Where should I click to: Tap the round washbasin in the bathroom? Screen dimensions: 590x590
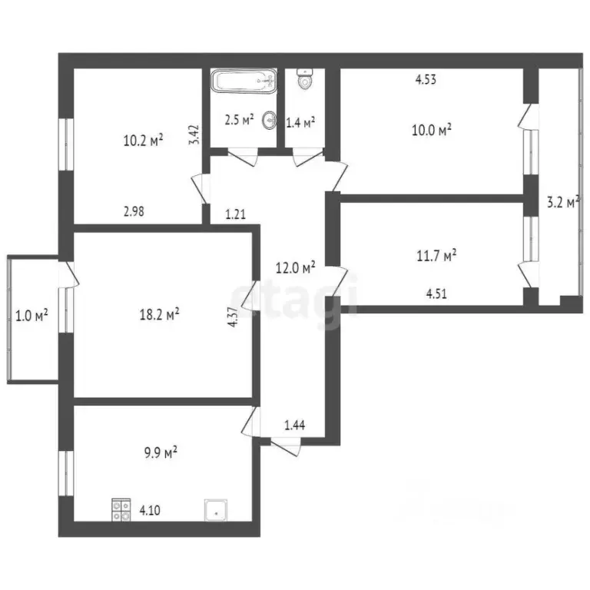coord(270,120)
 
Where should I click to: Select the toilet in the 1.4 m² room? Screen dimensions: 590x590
coord(306,79)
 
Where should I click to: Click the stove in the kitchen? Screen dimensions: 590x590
coord(121,510)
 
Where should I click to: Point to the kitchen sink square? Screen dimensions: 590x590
coord(216,510)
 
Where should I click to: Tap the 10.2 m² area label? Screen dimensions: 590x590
coord(143,141)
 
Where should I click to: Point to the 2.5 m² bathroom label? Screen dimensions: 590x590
coord(238,120)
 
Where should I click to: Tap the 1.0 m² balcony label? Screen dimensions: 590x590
coord(32,314)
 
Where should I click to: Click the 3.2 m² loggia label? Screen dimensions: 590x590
coord(562,203)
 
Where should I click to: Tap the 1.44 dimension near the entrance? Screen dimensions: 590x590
coord(296,424)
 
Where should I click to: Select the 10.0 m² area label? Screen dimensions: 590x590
coord(431,130)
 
